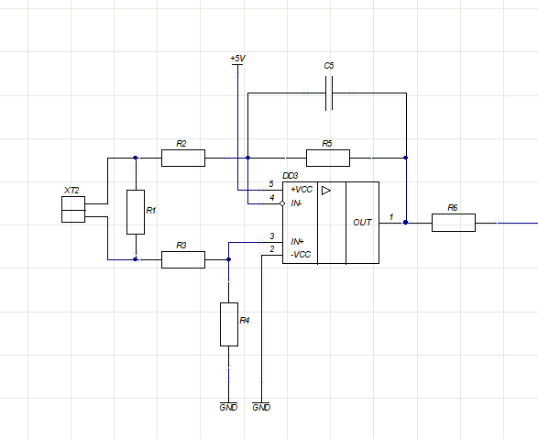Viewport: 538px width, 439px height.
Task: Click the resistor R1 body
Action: [136, 212]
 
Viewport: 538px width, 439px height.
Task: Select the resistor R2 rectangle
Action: [183, 158]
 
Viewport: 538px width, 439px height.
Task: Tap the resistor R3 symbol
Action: [183, 259]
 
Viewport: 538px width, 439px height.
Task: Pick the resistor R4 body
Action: [229, 324]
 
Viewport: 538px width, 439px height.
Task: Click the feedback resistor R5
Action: [328, 158]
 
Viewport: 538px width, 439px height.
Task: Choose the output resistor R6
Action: [454, 223]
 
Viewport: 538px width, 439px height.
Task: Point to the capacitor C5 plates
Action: [329, 93]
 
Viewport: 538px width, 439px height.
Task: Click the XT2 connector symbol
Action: [73, 209]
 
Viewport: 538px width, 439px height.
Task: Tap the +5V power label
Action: [237, 59]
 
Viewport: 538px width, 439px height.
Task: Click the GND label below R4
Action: [228, 407]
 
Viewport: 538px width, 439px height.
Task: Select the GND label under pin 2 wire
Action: [261, 407]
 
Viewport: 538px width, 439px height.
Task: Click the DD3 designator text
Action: [291, 176]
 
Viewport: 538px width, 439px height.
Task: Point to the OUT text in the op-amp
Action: [362, 223]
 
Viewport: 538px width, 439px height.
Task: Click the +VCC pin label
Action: [302, 190]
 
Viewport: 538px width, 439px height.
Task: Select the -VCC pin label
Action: [301, 255]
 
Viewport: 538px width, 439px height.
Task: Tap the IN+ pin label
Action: [297, 242]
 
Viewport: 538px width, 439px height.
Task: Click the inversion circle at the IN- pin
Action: [282, 203]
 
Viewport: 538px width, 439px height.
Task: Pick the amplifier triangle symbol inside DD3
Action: [326, 191]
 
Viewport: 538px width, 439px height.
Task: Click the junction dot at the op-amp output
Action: [405, 223]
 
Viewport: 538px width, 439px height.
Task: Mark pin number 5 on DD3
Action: [271, 184]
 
